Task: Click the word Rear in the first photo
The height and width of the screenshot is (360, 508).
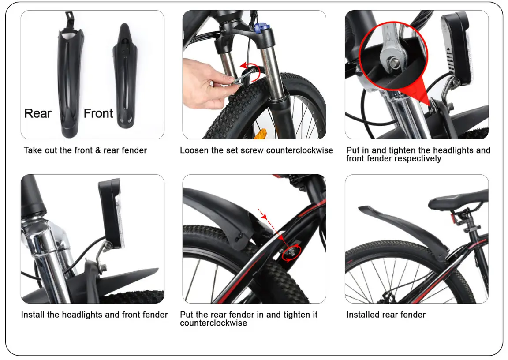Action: (x=38, y=113)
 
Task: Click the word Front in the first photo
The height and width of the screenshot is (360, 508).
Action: (x=98, y=113)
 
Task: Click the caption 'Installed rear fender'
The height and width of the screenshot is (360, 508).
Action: (x=386, y=315)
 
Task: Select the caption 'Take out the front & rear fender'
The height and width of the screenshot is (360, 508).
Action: (x=85, y=150)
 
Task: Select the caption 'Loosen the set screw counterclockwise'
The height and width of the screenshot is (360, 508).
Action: (x=256, y=150)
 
